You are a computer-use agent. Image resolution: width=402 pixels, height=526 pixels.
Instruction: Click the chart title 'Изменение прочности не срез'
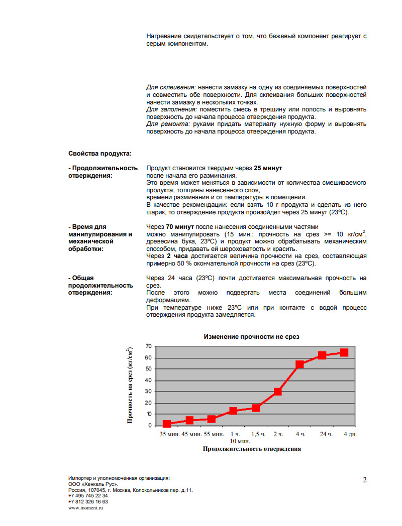[251, 337]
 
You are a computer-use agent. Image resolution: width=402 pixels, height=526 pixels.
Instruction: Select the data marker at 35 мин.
[167, 424]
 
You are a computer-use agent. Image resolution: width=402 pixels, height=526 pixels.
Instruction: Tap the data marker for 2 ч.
[277, 391]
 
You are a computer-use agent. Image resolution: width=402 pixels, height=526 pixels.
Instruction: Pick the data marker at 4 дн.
[344, 352]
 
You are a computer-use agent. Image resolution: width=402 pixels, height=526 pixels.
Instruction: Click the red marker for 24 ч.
[322, 355]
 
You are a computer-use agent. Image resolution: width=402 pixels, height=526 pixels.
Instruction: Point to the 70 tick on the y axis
[148, 346]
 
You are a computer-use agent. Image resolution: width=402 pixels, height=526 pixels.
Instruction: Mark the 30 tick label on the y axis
[148, 391]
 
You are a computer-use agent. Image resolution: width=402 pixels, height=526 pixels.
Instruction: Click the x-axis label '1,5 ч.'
[258, 434]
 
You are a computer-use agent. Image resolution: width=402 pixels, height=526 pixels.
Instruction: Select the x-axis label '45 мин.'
[191, 434]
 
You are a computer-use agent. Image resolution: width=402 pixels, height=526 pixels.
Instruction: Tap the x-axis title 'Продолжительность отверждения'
[252, 449]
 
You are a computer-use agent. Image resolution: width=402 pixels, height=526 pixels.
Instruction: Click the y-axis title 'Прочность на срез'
[130, 385]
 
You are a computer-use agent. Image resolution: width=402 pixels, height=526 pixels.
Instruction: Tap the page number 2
[364, 480]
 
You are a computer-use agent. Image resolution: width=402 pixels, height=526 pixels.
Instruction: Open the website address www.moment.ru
[85, 508]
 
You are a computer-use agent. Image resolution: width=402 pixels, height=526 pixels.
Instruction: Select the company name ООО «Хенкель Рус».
[93, 484]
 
